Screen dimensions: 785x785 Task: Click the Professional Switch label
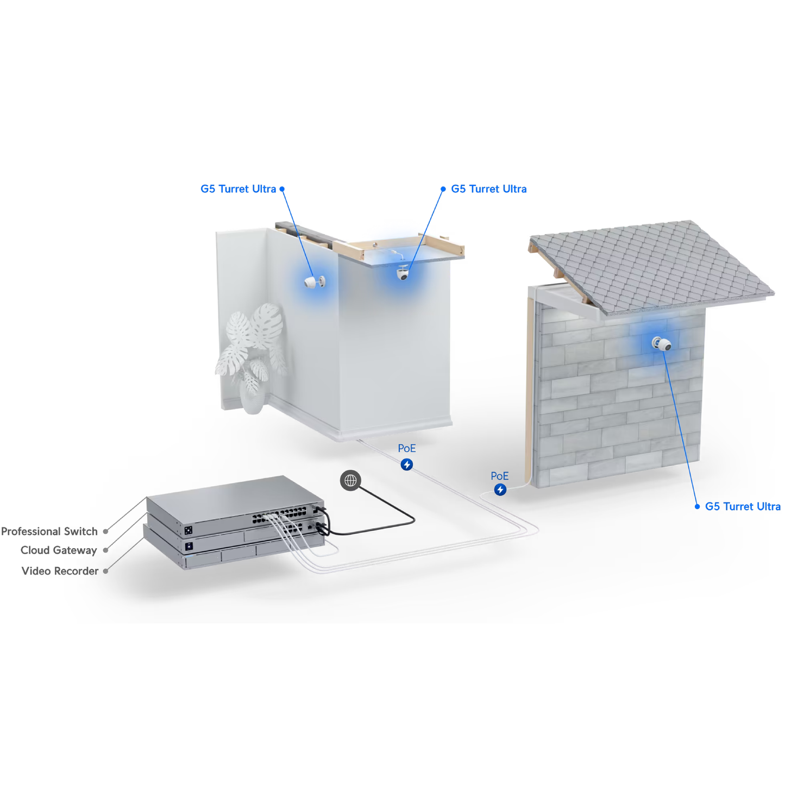click(49, 531)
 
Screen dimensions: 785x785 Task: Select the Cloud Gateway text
click(59, 550)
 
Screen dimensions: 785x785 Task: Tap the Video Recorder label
click(60, 571)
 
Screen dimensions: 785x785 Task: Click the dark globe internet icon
click(350, 480)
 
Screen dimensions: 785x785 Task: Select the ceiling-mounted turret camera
click(403, 273)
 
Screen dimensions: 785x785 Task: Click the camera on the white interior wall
click(315, 281)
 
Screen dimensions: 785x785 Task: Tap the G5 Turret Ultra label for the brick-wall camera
click(743, 506)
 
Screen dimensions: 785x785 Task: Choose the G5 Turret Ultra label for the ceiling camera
click(489, 189)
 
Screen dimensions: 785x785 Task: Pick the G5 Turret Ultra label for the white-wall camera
click(238, 189)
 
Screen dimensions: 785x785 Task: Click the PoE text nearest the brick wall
click(499, 476)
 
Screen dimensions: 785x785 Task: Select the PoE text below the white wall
click(406, 448)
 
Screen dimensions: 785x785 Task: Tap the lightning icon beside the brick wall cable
click(500, 489)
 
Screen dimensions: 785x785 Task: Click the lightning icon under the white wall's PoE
click(406, 464)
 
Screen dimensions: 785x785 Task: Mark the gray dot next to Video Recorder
click(106, 571)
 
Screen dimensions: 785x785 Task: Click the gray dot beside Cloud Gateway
click(106, 550)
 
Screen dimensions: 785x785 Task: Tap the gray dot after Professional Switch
click(106, 532)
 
